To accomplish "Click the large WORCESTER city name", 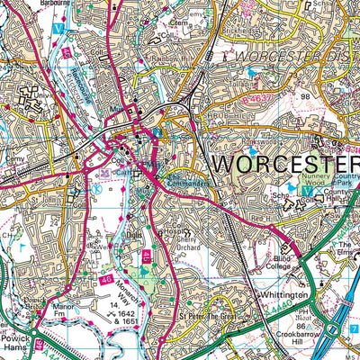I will click(x=284, y=165).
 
